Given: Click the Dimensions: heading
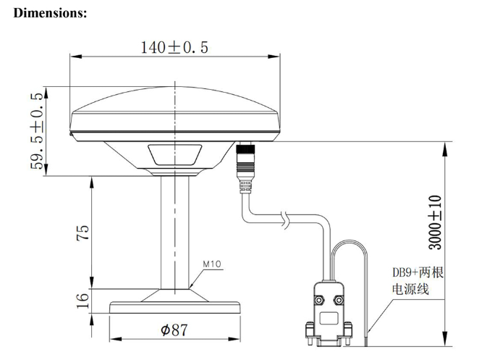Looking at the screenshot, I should (50, 12).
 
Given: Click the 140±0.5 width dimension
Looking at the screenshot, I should (174, 48).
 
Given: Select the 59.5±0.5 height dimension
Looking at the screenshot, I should (35, 132).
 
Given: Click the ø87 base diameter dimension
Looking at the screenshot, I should (174, 330).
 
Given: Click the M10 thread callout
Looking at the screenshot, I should (211, 264).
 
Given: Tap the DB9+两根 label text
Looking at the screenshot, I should (418, 273).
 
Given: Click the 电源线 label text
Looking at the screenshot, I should (410, 289).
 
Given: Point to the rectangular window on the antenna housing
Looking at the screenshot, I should (174, 155).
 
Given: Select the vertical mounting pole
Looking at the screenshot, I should (174, 232).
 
